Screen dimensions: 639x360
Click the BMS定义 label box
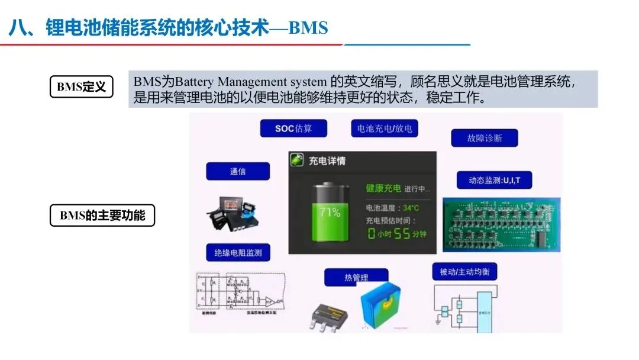[x=81, y=87]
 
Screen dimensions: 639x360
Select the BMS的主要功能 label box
[x=102, y=215]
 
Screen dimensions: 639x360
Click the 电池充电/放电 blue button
[x=384, y=128]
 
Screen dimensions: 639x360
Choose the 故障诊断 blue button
[x=485, y=138]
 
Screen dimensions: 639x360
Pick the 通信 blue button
[x=237, y=172]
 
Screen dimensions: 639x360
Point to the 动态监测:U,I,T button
[x=494, y=180]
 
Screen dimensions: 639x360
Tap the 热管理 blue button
[x=356, y=277]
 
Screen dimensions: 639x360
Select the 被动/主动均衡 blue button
[x=464, y=272]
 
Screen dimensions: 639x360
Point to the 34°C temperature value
[x=411, y=208]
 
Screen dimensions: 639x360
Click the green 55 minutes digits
[x=402, y=233]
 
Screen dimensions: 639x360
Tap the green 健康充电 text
[x=383, y=188]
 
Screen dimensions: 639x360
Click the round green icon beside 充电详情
[x=297, y=160]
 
